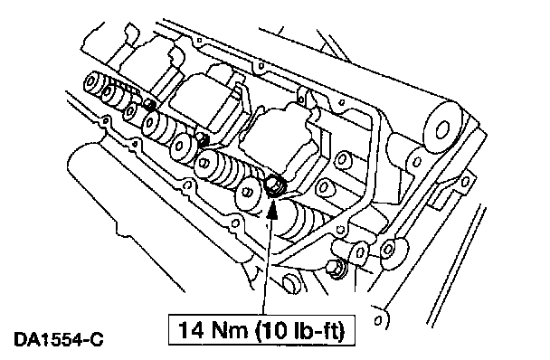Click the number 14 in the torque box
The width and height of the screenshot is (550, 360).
point(191,330)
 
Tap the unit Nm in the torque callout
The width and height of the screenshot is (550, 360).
point(230,330)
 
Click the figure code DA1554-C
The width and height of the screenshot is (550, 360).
point(59,340)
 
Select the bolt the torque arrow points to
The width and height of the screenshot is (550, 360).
point(274,186)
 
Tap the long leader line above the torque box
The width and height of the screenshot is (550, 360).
point(267,267)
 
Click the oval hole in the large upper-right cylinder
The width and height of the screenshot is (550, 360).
point(442,131)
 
